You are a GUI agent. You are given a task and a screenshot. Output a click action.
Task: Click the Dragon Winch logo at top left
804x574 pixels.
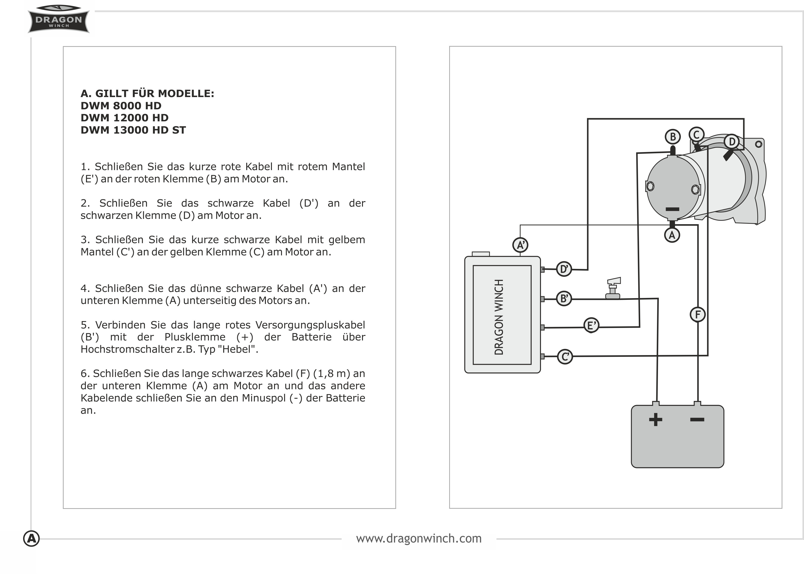[x=58, y=19]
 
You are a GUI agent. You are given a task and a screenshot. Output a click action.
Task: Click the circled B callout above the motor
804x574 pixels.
[x=673, y=137]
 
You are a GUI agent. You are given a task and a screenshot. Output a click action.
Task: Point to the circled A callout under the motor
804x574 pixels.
[x=672, y=235]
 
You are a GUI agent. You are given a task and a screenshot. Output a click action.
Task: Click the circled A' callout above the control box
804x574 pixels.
[x=520, y=245]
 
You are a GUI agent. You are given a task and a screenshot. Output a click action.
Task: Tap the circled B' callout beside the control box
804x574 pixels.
[x=564, y=299]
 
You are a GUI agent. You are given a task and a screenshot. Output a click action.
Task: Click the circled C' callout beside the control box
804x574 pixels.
[x=565, y=357]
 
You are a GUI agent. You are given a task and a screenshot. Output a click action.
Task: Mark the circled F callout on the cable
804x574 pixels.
[x=698, y=315]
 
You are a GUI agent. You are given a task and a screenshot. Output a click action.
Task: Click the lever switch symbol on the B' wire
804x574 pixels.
[x=613, y=288]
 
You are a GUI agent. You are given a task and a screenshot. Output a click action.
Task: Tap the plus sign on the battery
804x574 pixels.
[x=656, y=420]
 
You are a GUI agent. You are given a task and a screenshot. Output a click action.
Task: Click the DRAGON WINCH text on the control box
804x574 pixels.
[x=499, y=317]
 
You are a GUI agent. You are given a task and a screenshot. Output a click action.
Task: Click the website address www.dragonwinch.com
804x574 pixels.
[x=419, y=539]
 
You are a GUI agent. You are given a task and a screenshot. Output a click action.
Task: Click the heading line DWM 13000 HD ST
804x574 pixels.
[x=133, y=130]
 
